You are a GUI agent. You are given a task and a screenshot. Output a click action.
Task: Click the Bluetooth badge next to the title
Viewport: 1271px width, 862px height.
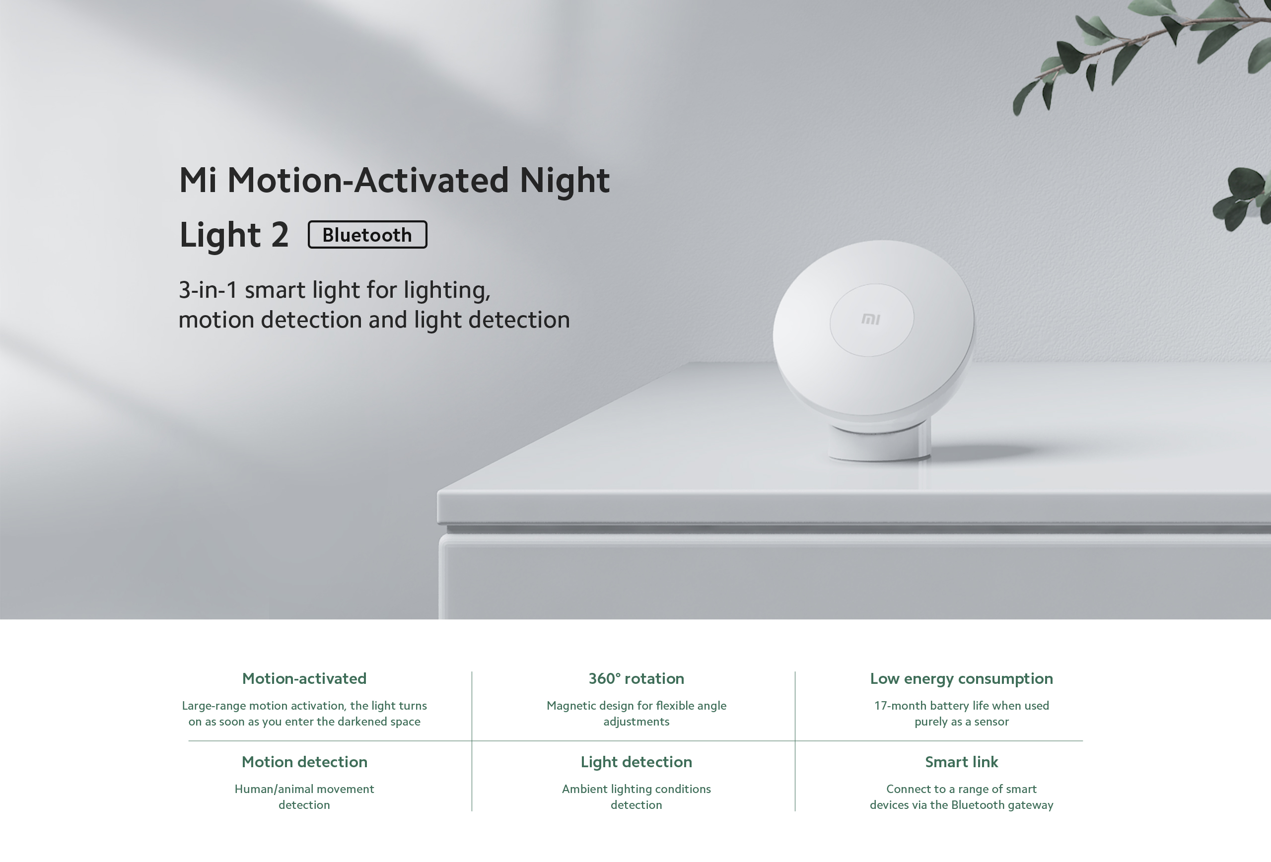tap(367, 235)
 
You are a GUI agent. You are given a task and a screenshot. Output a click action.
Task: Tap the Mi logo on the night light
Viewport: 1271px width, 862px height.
tap(871, 319)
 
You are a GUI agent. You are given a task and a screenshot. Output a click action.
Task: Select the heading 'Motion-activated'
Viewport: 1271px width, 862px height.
tap(304, 678)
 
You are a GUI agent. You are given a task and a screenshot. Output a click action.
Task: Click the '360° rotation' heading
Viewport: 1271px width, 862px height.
tap(636, 678)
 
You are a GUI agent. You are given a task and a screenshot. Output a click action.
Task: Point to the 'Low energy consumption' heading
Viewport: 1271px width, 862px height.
tap(961, 678)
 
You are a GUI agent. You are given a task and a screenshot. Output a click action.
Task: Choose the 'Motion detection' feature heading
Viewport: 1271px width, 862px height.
tap(304, 761)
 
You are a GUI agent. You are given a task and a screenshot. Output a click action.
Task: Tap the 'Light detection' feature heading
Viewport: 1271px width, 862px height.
tap(636, 761)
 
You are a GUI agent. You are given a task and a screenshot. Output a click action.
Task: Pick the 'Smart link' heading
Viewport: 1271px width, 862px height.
tap(961, 761)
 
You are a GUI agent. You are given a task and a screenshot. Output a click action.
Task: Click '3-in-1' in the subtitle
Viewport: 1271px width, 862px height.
tap(208, 290)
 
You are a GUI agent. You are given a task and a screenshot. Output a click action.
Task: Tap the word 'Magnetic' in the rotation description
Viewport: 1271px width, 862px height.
tap(571, 706)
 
